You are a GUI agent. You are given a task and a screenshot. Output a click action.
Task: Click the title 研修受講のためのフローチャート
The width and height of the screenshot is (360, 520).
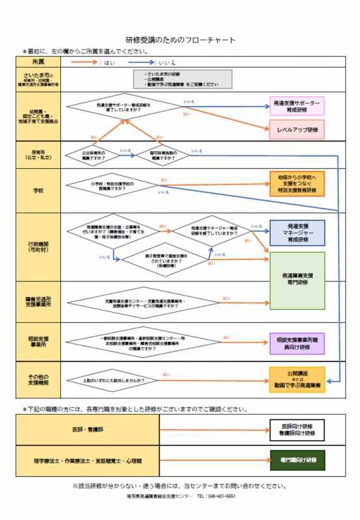[x=180, y=40]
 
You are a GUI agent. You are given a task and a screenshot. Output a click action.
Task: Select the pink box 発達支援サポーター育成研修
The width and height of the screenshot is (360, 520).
[x=297, y=107]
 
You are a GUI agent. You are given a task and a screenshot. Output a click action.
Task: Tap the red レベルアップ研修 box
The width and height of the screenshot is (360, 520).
[x=297, y=130]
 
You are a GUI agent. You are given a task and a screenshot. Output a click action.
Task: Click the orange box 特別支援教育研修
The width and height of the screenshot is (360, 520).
[x=297, y=184]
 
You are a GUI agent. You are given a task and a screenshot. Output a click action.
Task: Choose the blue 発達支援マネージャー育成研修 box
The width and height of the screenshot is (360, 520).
[x=297, y=233]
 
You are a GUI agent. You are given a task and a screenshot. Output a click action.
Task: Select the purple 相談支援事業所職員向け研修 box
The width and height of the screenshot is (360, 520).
[x=297, y=343]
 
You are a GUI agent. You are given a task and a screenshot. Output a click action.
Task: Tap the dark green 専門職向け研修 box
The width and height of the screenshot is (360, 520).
[x=297, y=460]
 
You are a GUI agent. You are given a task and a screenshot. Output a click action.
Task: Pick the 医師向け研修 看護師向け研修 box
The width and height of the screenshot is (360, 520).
[x=297, y=430]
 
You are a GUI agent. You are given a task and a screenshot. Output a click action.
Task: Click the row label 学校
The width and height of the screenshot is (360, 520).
[x=39, y=191]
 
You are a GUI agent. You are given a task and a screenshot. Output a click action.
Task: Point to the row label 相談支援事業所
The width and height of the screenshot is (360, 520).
[x=39, y=343]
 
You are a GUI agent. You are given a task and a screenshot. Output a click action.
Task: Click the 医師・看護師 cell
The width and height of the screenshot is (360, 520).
[x=88, y=430]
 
